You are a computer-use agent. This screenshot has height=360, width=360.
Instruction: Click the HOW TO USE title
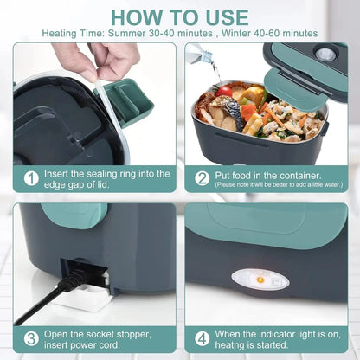tap(180, 17)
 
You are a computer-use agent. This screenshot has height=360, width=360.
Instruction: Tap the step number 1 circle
tap(31, 178)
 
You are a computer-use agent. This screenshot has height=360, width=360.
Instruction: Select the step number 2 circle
tap(202, 177)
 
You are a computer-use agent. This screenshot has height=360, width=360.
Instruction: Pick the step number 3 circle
tap(31, 338)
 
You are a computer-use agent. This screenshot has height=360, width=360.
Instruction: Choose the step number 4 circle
tap(202, 338)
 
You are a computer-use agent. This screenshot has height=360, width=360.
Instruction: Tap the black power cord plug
tap(74, 278)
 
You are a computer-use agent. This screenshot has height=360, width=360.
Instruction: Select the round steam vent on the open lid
tap(326, 54)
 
